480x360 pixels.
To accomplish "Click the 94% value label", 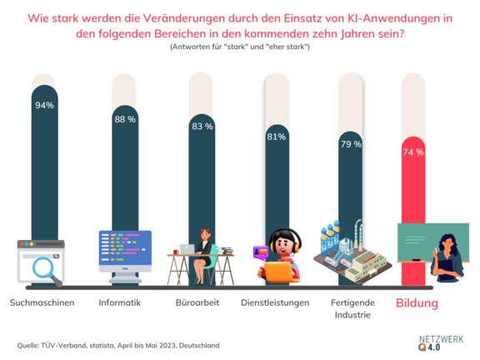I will tap(44, 105).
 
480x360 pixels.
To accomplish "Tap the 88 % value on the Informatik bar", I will tap(125, 118).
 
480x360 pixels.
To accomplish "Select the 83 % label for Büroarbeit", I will tap(202, 127).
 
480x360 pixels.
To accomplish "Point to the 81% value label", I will tap(277, 137).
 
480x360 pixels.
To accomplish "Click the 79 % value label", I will tap(350, 144).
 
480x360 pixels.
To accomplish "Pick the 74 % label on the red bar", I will tap(413, 152).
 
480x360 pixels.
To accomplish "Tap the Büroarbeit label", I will tap(197, 302).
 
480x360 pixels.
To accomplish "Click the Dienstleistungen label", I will tap(276, 302).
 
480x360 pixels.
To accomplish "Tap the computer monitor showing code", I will tap(125, 250).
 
